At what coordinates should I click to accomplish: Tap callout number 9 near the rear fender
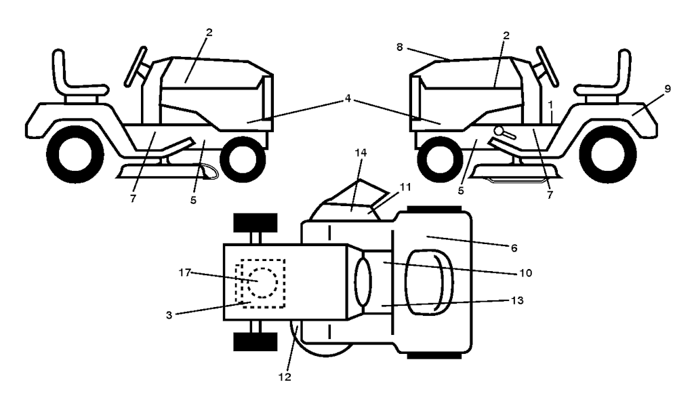pos(668,89)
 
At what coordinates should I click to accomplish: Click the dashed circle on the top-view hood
pos(260,281)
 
